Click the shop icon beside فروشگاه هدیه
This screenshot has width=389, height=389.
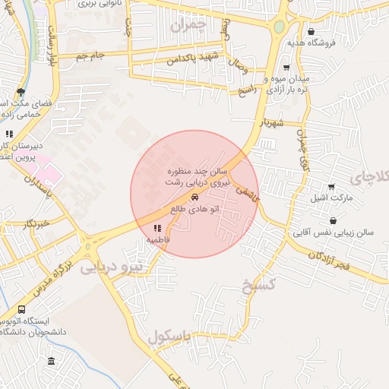[312, 31]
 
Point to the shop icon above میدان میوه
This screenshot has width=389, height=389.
[286, 67]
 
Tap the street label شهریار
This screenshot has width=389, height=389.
[270, 123]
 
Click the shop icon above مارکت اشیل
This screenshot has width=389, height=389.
[330, 187]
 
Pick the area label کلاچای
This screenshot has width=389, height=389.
[371, 177]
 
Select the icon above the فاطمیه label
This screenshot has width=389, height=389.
[157, 228]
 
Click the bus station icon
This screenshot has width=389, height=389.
[21, 309]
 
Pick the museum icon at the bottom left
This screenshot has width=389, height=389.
[51, 360]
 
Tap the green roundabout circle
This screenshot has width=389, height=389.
[279, 27]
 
